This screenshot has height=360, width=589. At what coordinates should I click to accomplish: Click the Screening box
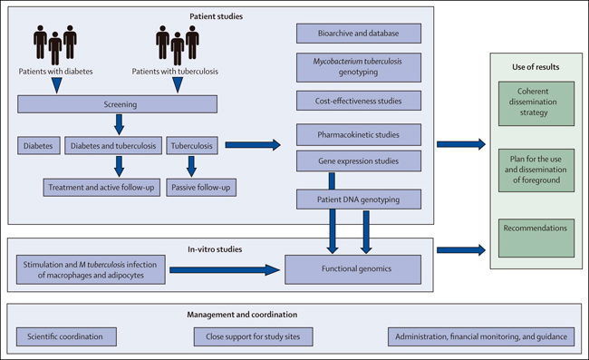click(117, 104)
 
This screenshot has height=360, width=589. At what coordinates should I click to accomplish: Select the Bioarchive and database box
click(359, 33)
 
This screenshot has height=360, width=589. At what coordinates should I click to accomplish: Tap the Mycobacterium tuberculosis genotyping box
click(359, 67)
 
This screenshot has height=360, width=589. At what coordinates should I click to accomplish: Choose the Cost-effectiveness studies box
click(359, 101)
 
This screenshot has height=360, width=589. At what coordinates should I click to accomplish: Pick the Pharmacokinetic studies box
click(359, 134)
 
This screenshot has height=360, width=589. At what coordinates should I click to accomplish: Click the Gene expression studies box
click(359, 161)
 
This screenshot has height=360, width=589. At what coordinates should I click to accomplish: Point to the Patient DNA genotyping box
click(359, 199)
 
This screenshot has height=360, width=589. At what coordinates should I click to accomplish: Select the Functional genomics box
click(353, 269)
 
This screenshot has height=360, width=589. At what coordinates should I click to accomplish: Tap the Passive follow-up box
click(201, 187)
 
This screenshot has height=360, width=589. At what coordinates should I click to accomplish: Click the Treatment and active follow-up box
click(101, 187)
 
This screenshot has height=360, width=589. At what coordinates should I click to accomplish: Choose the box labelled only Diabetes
click(39, 145)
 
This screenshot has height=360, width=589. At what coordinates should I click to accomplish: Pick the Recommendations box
click(536, 238)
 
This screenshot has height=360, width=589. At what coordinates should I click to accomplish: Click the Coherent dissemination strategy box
click(536, 103)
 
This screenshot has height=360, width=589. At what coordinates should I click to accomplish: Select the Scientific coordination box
click(66, 336)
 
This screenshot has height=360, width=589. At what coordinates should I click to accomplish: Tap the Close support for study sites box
click(253, 336)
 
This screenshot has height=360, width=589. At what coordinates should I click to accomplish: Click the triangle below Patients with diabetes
click(57, 85)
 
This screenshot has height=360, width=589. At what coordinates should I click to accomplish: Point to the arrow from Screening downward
click(119, 124)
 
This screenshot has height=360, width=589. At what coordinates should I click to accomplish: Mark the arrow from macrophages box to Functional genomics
click(225, 270)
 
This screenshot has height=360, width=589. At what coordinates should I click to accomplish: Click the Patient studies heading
click(216, 16)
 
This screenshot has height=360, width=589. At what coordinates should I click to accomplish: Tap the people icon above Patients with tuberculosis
click(178, 44)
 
